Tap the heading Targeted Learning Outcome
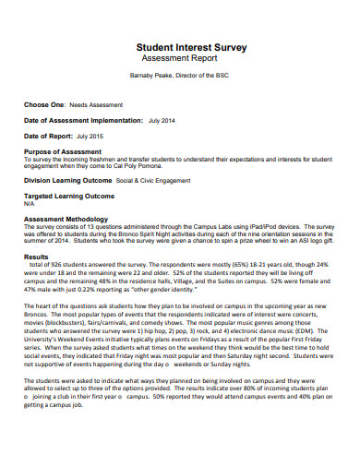tap(69, 196)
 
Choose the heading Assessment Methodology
tap(68, 219)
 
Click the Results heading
tap(36, 257)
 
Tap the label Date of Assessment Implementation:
tap(83, 120)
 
